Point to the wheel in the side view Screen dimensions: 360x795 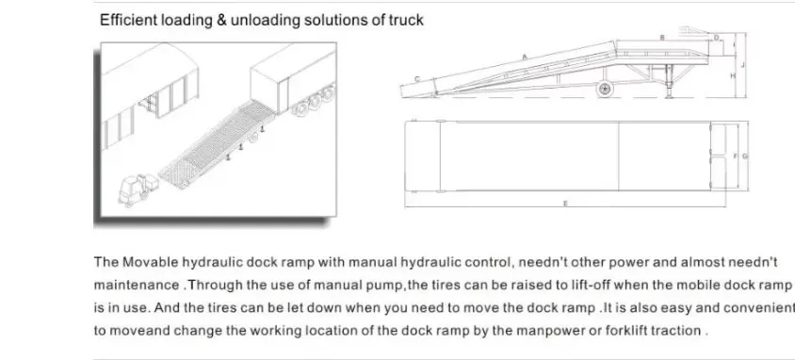(604, 90)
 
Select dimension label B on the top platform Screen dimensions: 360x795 (662, 37)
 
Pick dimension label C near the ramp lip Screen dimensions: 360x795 (417, 78)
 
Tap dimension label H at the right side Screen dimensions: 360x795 (732, 74)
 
